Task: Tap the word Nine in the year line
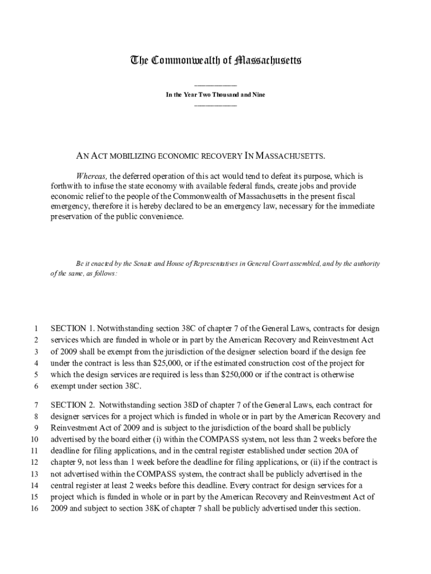(258, 95)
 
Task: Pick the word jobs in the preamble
(302, 186)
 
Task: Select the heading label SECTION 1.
(73, 328)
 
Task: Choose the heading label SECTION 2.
(73, 405)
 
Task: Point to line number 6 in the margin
(35, 386)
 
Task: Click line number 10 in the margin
(33, 439)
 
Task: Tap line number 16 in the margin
(33, 509)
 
